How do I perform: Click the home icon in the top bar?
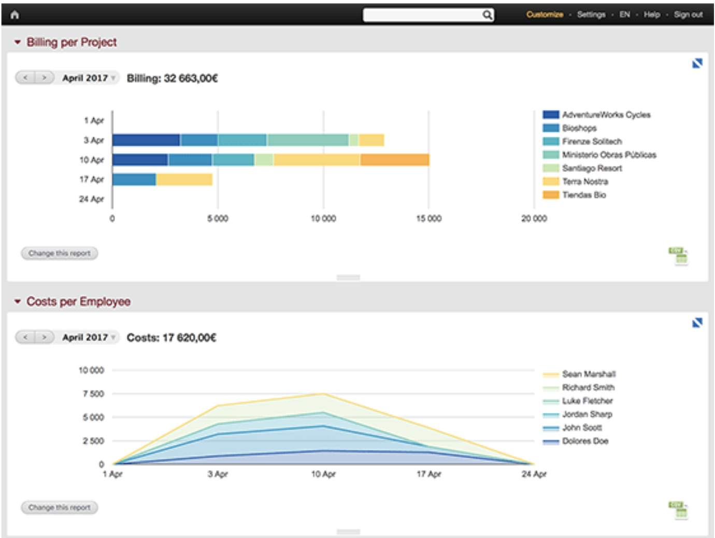(15, 15)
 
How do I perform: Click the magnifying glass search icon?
(487, 15)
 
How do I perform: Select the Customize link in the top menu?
(545, 15)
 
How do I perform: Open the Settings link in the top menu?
(591, 15)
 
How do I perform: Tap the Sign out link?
(688, 15)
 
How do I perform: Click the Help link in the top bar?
(652, 15)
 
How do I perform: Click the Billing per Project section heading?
(71, 43)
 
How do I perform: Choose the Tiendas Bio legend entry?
(584, 195)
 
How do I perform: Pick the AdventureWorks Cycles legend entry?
(606, 115)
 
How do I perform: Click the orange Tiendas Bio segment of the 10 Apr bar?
(395, 160)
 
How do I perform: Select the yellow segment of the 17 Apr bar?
(184, 179)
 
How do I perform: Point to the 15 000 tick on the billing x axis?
(429, 219)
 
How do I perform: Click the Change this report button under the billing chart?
(60, 253)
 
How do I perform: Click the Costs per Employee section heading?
(78, 302)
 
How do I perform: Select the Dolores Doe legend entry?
(585, 441)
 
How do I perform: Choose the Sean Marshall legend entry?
(589, 374)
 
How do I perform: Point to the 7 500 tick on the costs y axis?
(93, 394)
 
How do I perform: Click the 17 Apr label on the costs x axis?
(429, 474)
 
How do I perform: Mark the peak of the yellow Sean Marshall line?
(323, 394)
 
